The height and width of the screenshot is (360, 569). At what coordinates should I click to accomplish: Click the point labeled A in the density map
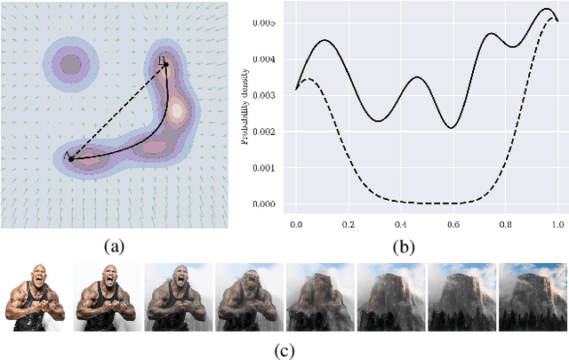(71, 158)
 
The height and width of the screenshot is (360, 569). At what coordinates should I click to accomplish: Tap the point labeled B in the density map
(166, 65)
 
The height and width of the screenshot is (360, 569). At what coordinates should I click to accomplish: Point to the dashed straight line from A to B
(118, 112)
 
